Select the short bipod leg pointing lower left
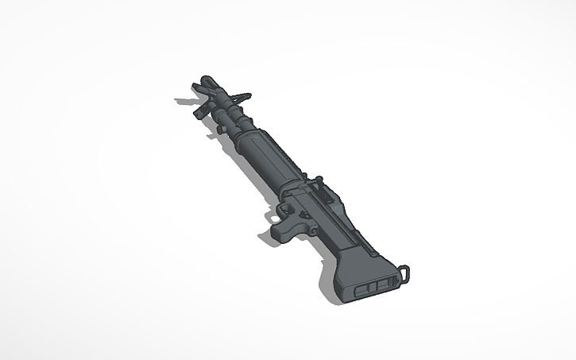197,112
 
